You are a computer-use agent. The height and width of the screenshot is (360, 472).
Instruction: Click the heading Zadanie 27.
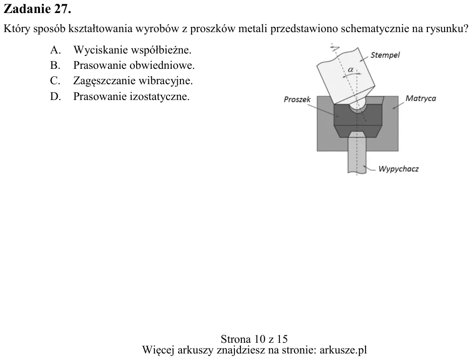(37, 9)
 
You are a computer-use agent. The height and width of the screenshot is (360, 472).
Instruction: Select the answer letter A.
(55, 50)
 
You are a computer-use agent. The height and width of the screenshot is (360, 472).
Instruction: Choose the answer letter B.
(55, 65)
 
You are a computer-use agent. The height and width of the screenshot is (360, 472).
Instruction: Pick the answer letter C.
(55, 80)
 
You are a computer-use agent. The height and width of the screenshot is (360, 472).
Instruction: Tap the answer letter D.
(55, 96)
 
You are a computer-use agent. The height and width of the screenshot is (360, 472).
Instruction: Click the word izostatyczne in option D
(160, 97)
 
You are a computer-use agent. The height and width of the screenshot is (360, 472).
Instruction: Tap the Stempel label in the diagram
(385, 55)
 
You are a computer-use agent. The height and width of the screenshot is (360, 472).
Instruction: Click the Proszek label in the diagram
(297, 100)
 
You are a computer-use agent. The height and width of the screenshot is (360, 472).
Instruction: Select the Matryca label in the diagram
(420, 99)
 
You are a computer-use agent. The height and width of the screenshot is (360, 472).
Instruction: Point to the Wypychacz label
(398, 169)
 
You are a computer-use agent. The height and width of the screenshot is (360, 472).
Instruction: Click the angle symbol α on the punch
(351, 70)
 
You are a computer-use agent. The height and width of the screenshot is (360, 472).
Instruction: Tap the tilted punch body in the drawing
(346, 76)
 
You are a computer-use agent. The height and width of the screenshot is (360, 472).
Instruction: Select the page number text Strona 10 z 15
(254, 339)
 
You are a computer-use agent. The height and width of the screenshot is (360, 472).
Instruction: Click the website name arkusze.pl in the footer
(343, 350)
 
